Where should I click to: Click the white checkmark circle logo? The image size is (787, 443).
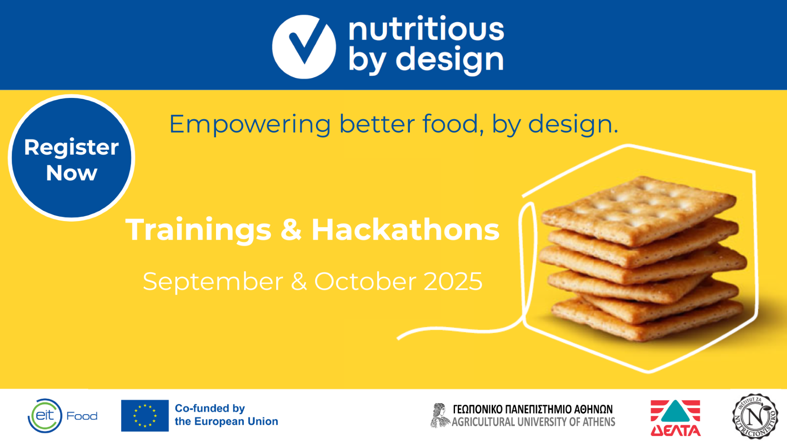(x=304, y=47)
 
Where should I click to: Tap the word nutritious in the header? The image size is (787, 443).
(x=426, y=29)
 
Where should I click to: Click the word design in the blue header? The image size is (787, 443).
(x=449, y=59)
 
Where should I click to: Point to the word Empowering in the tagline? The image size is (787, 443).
(x=250, y=124)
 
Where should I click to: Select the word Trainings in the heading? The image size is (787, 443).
(x=198, y=229)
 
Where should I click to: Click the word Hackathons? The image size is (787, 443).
(x=405, y=229)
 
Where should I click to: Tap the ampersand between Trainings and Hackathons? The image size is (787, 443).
(x=291, y=230)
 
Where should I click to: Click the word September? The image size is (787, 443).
(x=213, y=281)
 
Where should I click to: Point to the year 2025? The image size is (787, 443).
(x=453, y=281)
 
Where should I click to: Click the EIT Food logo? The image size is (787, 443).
(x=62, y=416)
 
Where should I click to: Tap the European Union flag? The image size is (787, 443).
(x=145, y=416)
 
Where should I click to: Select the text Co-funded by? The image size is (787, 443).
(x=210, y=408)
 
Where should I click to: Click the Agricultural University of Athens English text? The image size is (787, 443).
(x=533, y=422)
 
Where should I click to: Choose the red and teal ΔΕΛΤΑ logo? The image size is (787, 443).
(x=675, y=418)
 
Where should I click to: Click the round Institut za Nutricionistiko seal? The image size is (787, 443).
(x=755, y=416)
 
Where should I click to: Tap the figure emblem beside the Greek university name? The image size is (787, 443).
(x=440, y=416)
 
